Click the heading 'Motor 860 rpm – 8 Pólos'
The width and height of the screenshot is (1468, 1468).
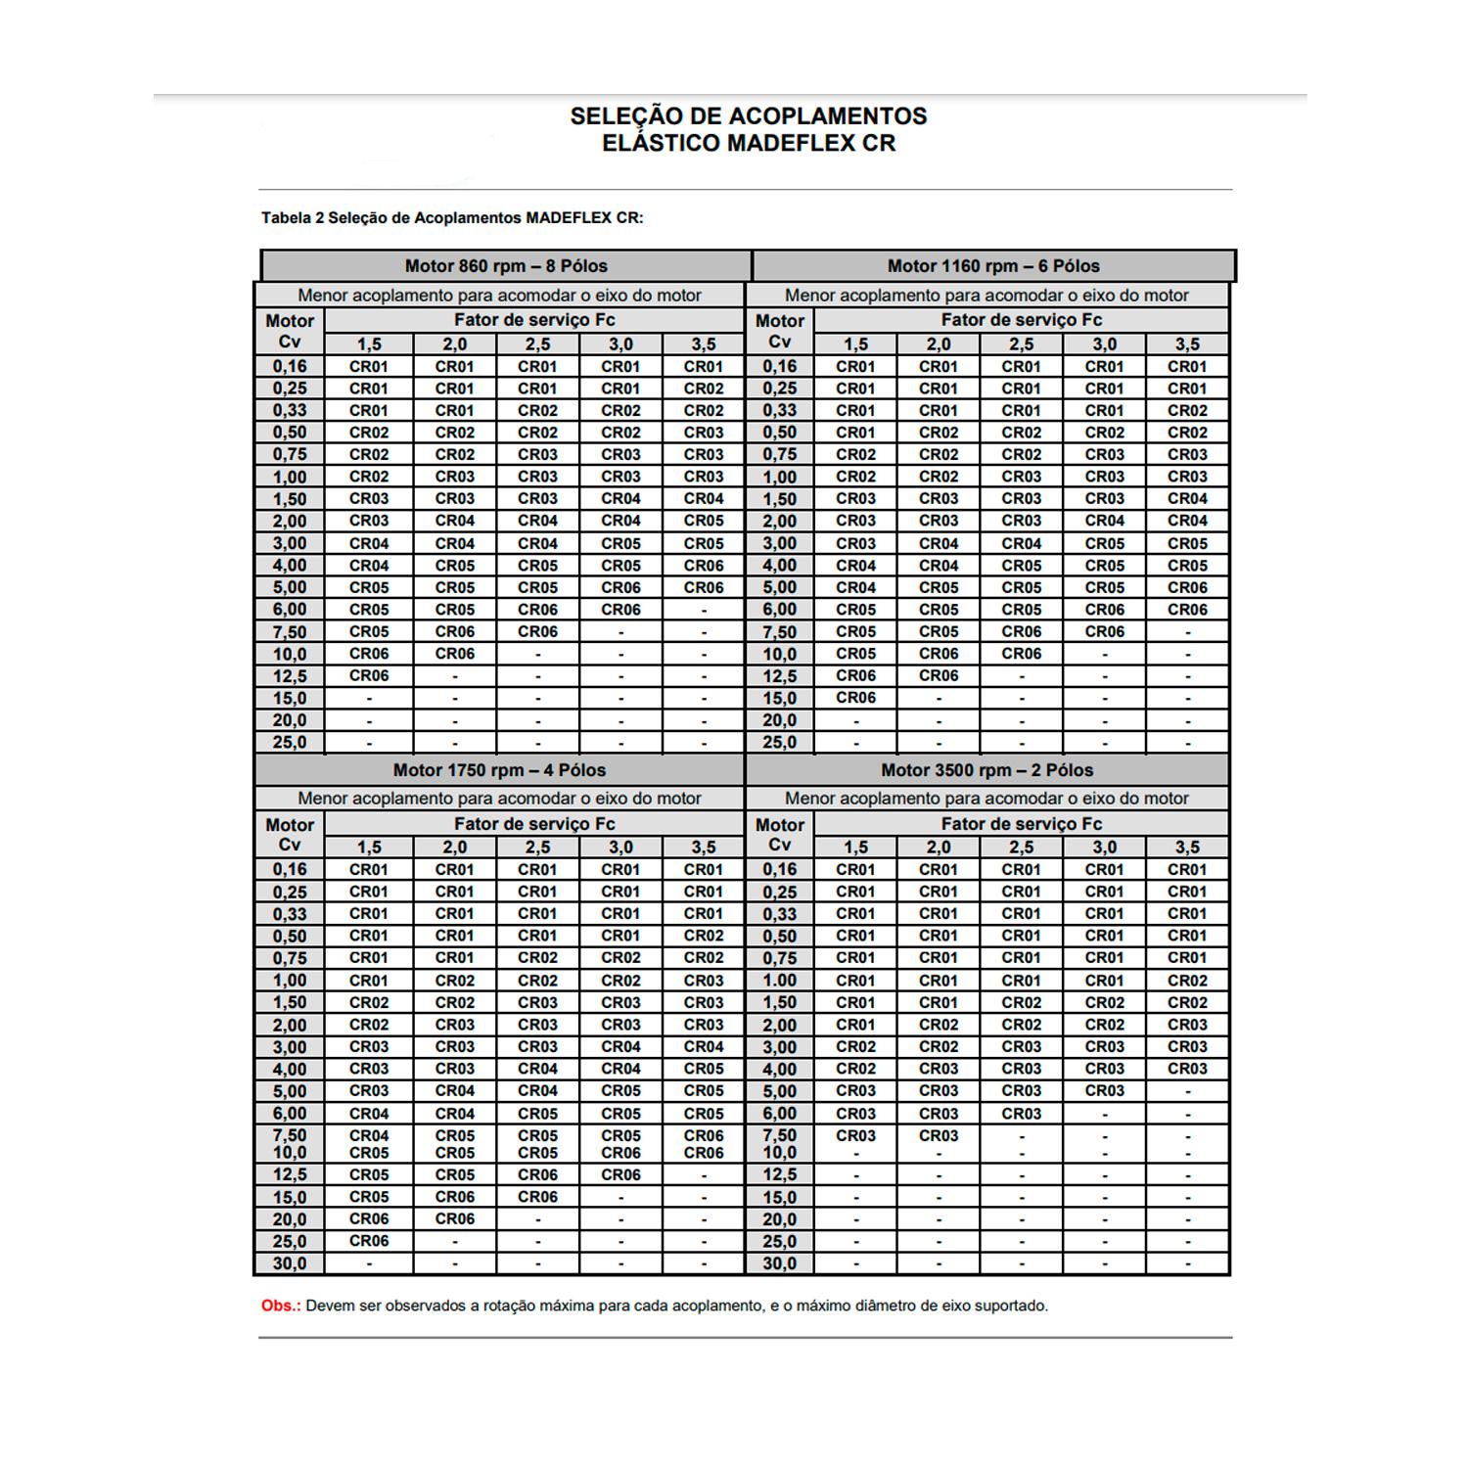(x=506, y=266)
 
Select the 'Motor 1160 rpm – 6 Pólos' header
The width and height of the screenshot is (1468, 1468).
(x=992, y=266)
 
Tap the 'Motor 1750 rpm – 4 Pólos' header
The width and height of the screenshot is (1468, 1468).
(x=499, y=770)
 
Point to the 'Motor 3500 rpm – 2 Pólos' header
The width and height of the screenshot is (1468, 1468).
(x=986, y=770)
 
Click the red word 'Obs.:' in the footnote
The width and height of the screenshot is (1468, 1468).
(x=281, y=1306)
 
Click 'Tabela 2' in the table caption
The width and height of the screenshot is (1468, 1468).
(x=292, y=218)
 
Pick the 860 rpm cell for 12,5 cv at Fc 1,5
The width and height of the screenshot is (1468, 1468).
(x=369, y=676)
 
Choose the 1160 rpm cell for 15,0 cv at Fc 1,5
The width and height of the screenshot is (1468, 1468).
(x=855, y=698)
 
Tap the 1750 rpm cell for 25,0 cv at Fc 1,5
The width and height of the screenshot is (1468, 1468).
(x=369, y=1241)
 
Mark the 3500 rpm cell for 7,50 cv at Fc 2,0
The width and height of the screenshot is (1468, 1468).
(x=938, y=1135)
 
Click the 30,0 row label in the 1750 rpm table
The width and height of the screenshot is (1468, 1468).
(x=290, y=1263)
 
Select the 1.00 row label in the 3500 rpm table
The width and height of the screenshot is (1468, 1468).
(x=779, y=981)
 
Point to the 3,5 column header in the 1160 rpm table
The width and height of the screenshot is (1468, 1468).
(x=1187, y=344)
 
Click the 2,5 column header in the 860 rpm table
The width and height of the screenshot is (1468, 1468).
(x=537, y=344)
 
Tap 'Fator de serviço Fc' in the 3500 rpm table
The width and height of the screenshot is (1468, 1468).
(x=1021, y=824)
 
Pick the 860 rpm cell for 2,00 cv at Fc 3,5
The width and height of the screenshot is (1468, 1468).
(x=704, y=521)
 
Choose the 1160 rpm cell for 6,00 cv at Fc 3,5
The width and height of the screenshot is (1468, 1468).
(x=1187, y=610)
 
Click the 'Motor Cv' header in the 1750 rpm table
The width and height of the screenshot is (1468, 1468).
(x=290, y=835)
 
